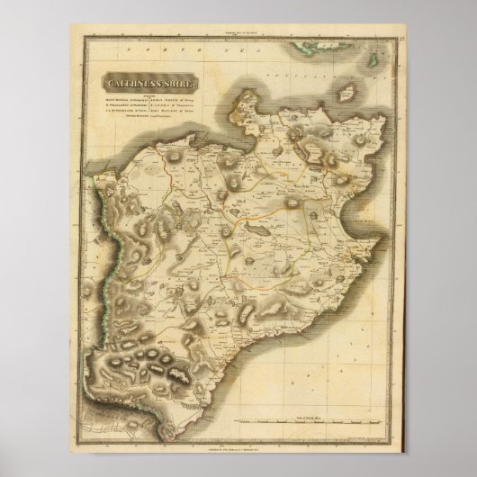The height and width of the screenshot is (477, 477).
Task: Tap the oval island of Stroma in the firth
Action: (x=344, y=91)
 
